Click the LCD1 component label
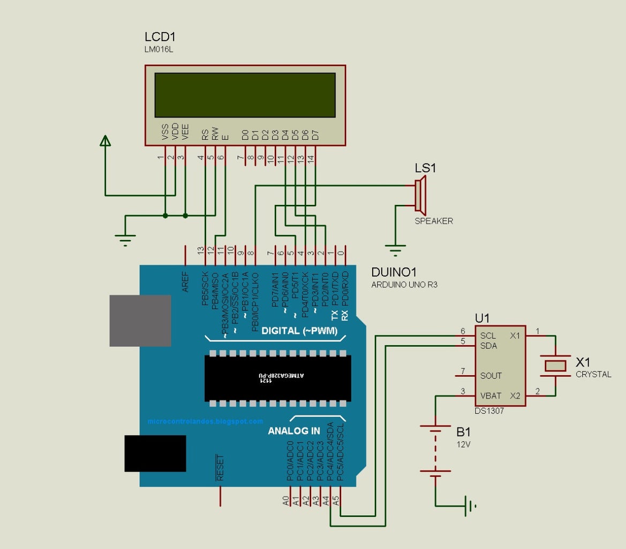click(160, 37)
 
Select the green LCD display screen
click(245, 95)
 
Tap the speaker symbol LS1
click(420, 195)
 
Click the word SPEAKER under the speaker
click(433, 221)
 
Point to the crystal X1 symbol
click(555, 366)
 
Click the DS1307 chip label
click(489, 411)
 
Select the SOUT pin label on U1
click(491, 376)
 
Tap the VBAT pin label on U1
click(491, 396)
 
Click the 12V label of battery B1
click(463, 444)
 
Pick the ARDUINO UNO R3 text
click(404, 285)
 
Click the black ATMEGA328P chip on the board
click(277, 378)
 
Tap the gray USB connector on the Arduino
click(140, 320)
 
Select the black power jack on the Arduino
click(155, 453)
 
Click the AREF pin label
click(186, 281)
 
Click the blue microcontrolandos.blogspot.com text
click(205, 421)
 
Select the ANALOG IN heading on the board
click(294, 431)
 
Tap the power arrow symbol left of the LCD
click(105, 140)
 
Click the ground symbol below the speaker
click(395, 250)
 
